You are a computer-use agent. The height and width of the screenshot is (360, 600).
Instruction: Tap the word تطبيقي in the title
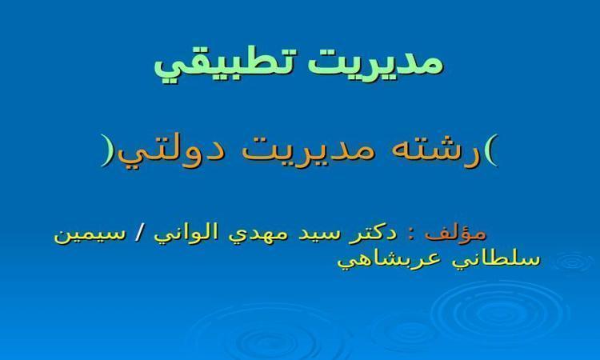(226, 65)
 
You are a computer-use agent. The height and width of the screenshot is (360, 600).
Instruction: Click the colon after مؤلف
(412, 234)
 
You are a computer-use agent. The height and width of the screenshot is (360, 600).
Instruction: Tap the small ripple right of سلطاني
(573, 262)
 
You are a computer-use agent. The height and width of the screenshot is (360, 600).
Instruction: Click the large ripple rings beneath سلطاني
(502, 314)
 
